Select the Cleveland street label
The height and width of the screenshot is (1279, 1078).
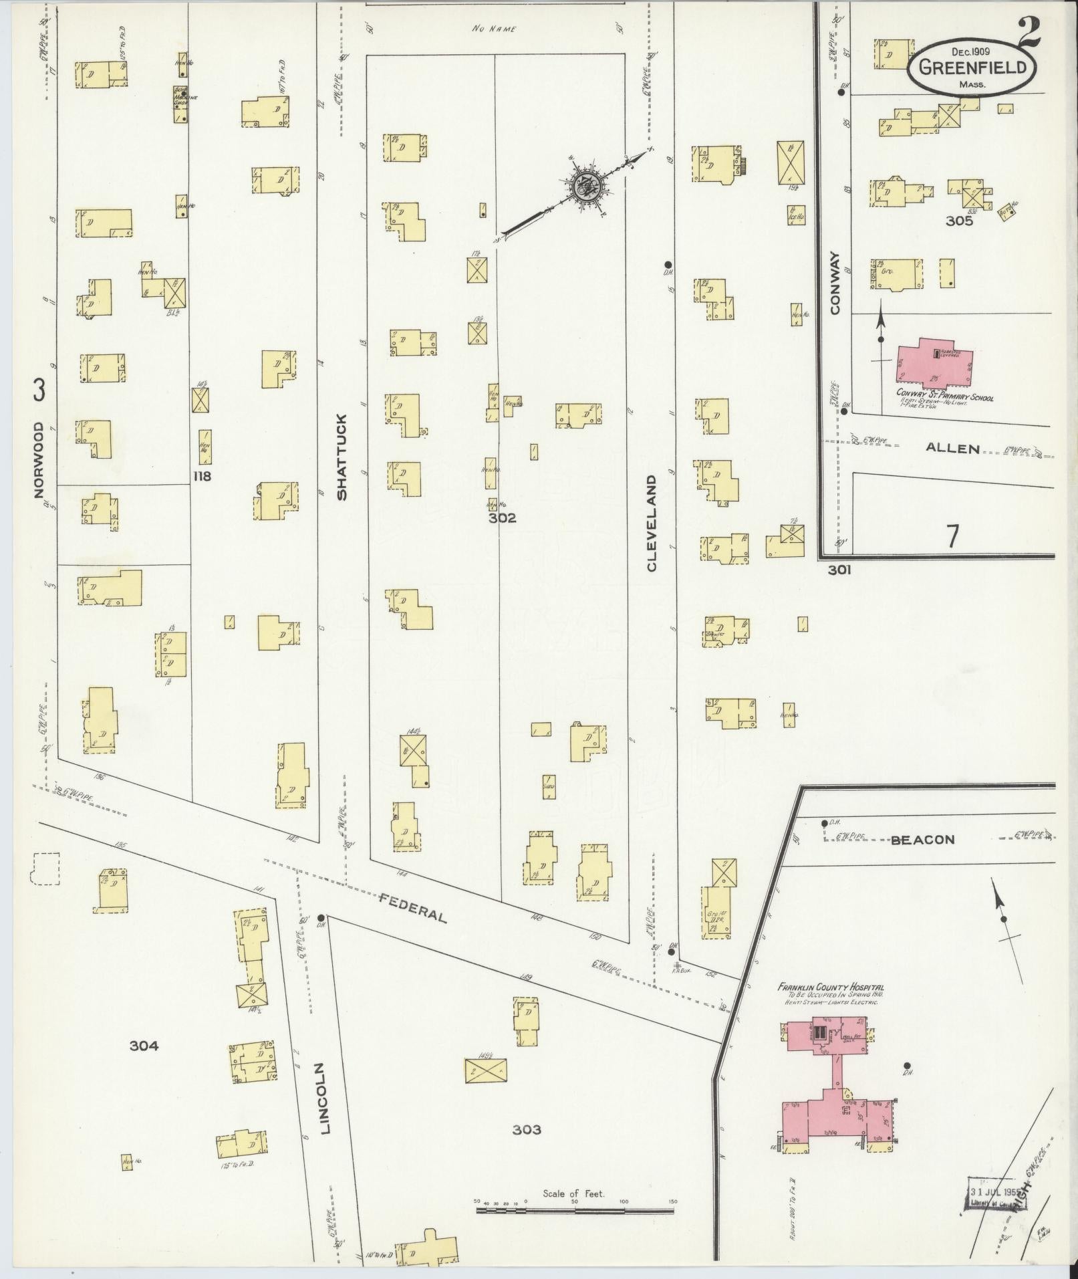pyautogui.click(x=652, y=524)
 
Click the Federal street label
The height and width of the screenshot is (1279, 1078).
pyautogui.click(x=412, y=907)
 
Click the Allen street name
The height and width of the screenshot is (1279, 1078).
pyautogui.click(x=952, y=449)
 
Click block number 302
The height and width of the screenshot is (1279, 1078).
pyautogui.click(x=502, y=517)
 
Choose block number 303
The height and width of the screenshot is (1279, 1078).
pyautogui.click(x=527, y=1130)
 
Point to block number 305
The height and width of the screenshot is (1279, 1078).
pyautogui.click(x=959, y=221)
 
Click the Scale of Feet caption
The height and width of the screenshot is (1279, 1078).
pyautogui.click(x=573, y=1193)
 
